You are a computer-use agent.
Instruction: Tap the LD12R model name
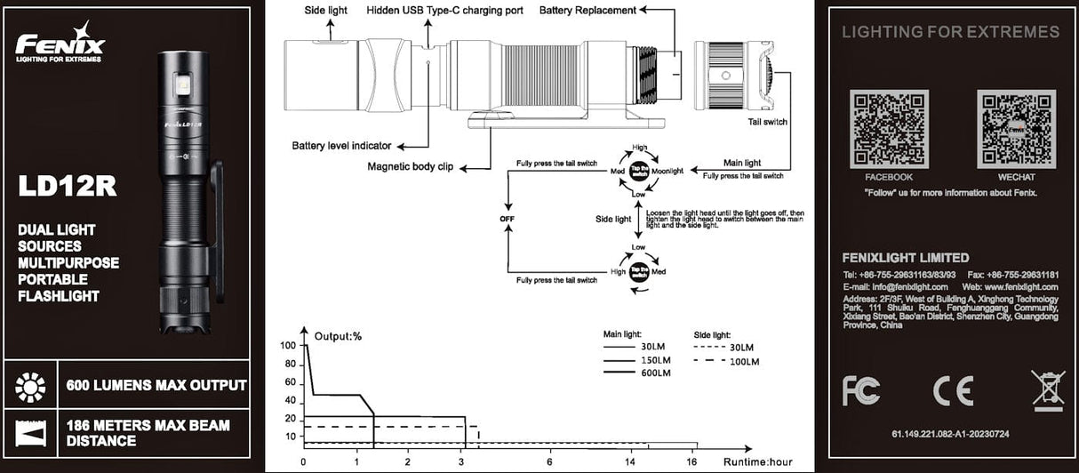pos(68,186)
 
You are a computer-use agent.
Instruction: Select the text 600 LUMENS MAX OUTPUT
pos(156,386)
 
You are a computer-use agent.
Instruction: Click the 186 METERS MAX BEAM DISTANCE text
pos(148,433)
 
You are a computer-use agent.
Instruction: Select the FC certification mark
pos(861,390)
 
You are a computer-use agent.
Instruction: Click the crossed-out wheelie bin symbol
pos(1047,389)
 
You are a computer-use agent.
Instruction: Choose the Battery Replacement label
pos(587,11)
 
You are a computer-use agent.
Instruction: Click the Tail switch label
pos(768,122)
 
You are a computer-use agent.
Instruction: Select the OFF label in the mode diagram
pos(508,219)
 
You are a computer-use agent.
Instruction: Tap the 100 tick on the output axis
pos(287,346)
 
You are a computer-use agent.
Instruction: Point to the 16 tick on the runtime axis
pos(691,462)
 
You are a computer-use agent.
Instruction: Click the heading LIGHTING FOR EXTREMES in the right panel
pos(950,32)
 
